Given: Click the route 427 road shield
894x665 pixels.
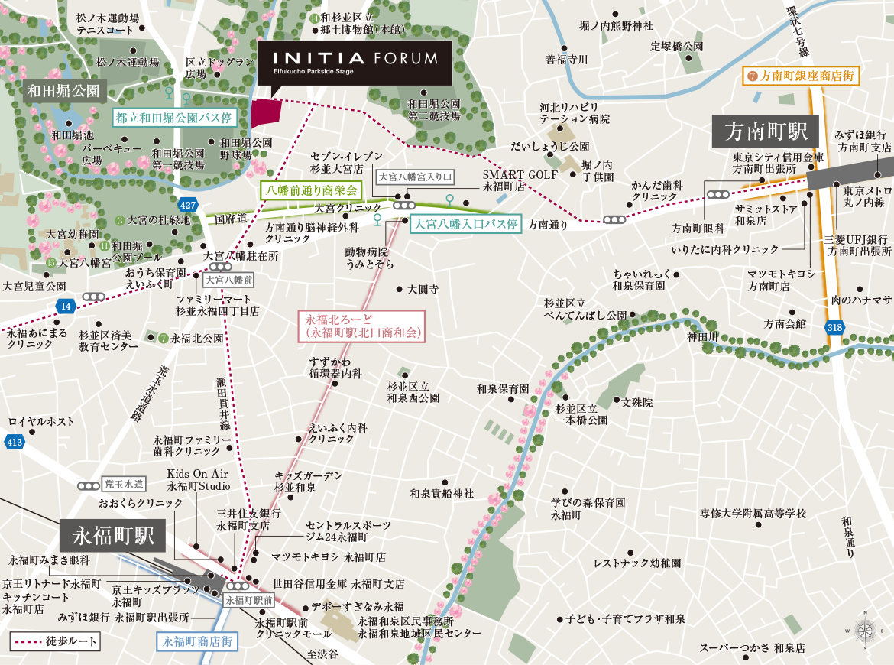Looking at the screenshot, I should point(188,205).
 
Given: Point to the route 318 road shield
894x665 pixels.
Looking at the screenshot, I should point(835,327).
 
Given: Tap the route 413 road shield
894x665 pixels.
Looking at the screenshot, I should point(13,441).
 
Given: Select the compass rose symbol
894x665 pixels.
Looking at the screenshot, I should point(865,631).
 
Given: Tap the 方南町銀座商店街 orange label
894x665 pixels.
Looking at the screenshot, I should point(802,76).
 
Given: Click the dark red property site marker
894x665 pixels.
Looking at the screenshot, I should point(267,115).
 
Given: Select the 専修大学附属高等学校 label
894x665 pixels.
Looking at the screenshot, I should point(753,514).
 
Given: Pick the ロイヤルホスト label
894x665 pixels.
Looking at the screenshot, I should point(41,422).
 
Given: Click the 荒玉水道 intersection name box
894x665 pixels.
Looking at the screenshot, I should point(124,484).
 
